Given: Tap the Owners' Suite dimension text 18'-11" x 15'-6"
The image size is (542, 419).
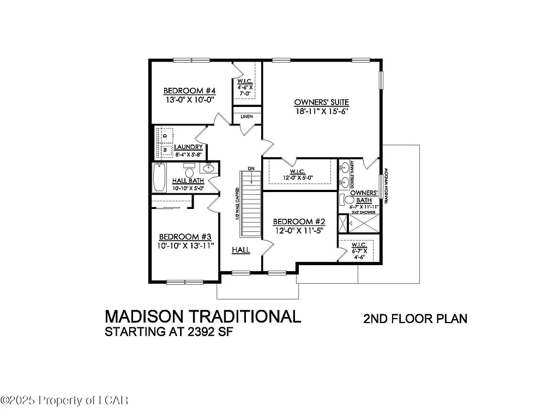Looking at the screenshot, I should [x=321, y=111].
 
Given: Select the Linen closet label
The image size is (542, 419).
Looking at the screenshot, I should [x=246, y=116].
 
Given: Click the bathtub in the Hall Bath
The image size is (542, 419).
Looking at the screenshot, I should [x=159, y=177].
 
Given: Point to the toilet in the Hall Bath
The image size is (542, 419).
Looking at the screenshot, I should [x=189, y=170].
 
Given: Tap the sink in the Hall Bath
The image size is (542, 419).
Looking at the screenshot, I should [x=208, y=169].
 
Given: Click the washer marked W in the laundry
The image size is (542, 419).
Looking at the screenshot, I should [x=166, y=148].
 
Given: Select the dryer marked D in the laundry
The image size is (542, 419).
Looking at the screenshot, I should [x=166, y=134].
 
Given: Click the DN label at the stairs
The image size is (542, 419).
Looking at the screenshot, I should [x=251, y=168].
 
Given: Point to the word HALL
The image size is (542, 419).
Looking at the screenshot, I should [x=240, y=250].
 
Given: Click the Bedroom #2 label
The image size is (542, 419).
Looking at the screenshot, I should [x=299, y=222].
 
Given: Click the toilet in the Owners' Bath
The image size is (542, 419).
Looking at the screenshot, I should [x=344, y=200].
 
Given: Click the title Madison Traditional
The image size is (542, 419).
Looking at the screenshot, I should [x=202, y=316].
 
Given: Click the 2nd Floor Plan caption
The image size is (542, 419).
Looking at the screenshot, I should [x=415, y=319].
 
